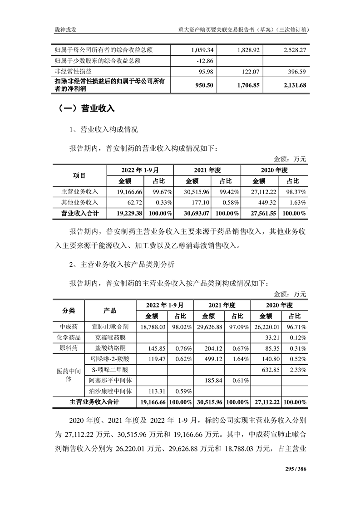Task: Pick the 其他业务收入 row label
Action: [x=79, y=202]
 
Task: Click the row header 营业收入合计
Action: [x=79, y=213]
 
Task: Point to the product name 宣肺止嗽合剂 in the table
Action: [x=110, y=327]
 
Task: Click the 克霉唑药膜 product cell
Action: [x=110, y=338]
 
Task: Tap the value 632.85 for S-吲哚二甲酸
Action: [x=270, y=369]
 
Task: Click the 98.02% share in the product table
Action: [x=180, y=327]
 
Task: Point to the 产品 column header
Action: [x=110, y=311]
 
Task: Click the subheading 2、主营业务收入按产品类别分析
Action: [x=125, y=264]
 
